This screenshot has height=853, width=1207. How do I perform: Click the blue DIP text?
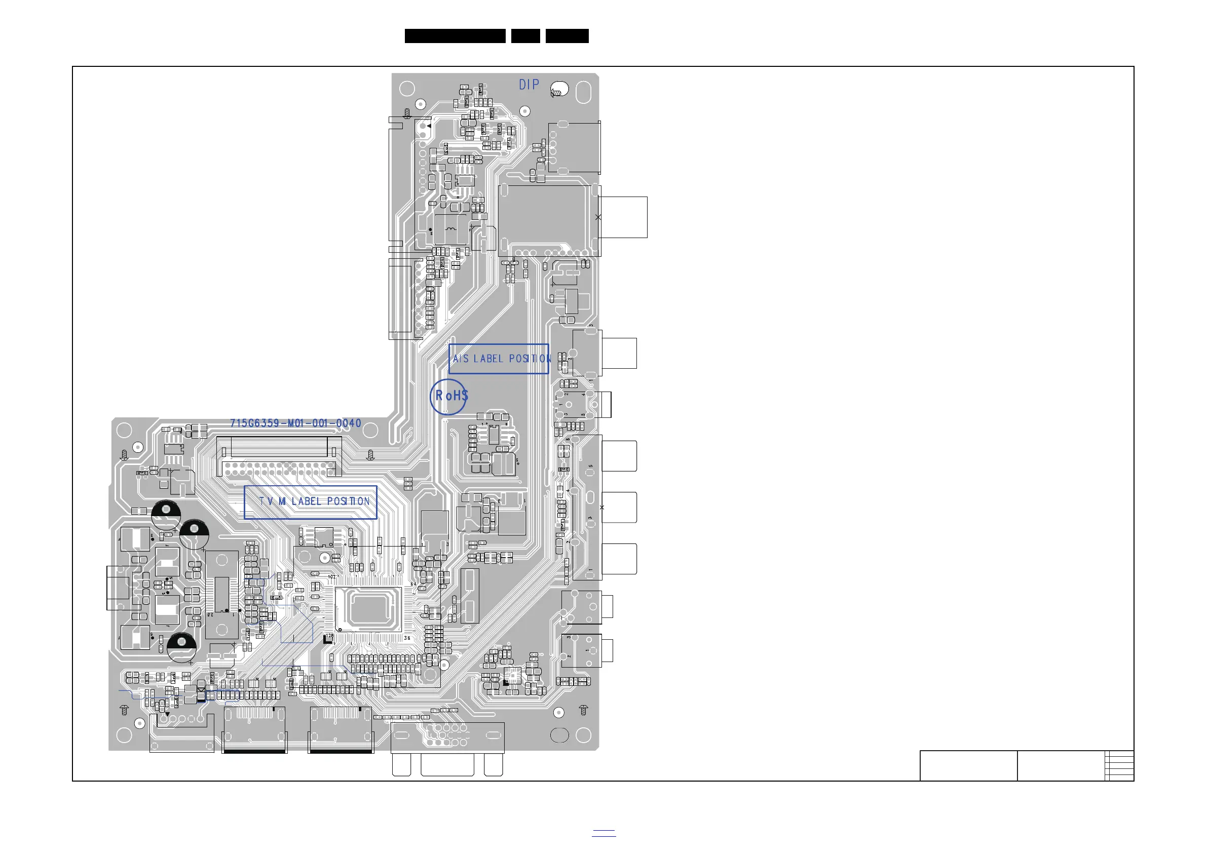(529, 85)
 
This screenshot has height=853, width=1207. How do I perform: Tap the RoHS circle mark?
(449, 397)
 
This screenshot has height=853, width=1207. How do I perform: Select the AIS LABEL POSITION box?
(499, 359)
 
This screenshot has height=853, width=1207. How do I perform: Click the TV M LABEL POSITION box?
(311, 502)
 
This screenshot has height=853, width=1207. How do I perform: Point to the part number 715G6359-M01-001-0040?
(295, 423)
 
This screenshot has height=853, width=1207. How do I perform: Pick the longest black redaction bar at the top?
(455, 36)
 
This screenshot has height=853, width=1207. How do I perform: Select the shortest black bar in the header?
(525, 36)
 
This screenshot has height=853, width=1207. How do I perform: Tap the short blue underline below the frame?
(603, 831)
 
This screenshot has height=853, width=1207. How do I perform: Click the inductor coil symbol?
(450, 229)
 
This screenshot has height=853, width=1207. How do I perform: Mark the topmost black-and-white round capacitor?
(166, 514)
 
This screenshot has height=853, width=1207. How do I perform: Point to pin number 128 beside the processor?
(329, 635)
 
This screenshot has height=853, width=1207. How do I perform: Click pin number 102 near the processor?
(332, 576)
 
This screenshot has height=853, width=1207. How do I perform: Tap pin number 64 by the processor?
(412, 584)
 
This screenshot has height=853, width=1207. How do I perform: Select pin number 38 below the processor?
(407, 638)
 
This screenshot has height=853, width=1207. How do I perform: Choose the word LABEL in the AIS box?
(488, 359)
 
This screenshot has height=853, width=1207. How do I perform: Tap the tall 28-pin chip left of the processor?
(222, 594)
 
